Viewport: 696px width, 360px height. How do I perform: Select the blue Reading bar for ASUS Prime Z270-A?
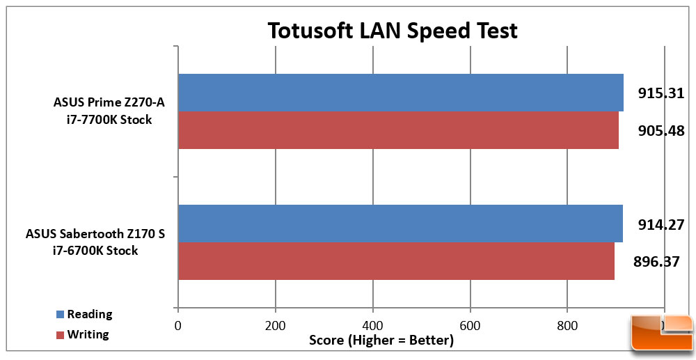pos(400,93)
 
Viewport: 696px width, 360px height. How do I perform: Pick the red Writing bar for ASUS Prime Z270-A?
pos(398,130)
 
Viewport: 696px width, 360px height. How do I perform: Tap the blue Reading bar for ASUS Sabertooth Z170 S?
pos(400,224)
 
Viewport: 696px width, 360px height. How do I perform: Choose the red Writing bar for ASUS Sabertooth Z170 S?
pos(396,261)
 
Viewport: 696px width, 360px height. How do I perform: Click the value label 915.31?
pos(662,93)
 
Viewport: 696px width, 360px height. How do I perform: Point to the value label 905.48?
pos(662,130)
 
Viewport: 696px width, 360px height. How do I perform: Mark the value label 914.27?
pos(662,224)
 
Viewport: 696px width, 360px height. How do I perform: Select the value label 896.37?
pos(657,263)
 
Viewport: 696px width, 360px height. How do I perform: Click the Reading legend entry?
pos(83,314)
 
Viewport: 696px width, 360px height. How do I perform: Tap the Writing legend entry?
pos(83,334)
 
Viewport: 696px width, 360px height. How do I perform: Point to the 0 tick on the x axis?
pos(178,325)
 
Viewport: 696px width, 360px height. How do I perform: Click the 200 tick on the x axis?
pos(276,325)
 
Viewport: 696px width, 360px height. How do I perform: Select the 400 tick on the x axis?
pos(373,325)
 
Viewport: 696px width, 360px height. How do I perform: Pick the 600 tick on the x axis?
pos(470,325)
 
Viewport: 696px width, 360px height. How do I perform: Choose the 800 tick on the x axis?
pos(567,325)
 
